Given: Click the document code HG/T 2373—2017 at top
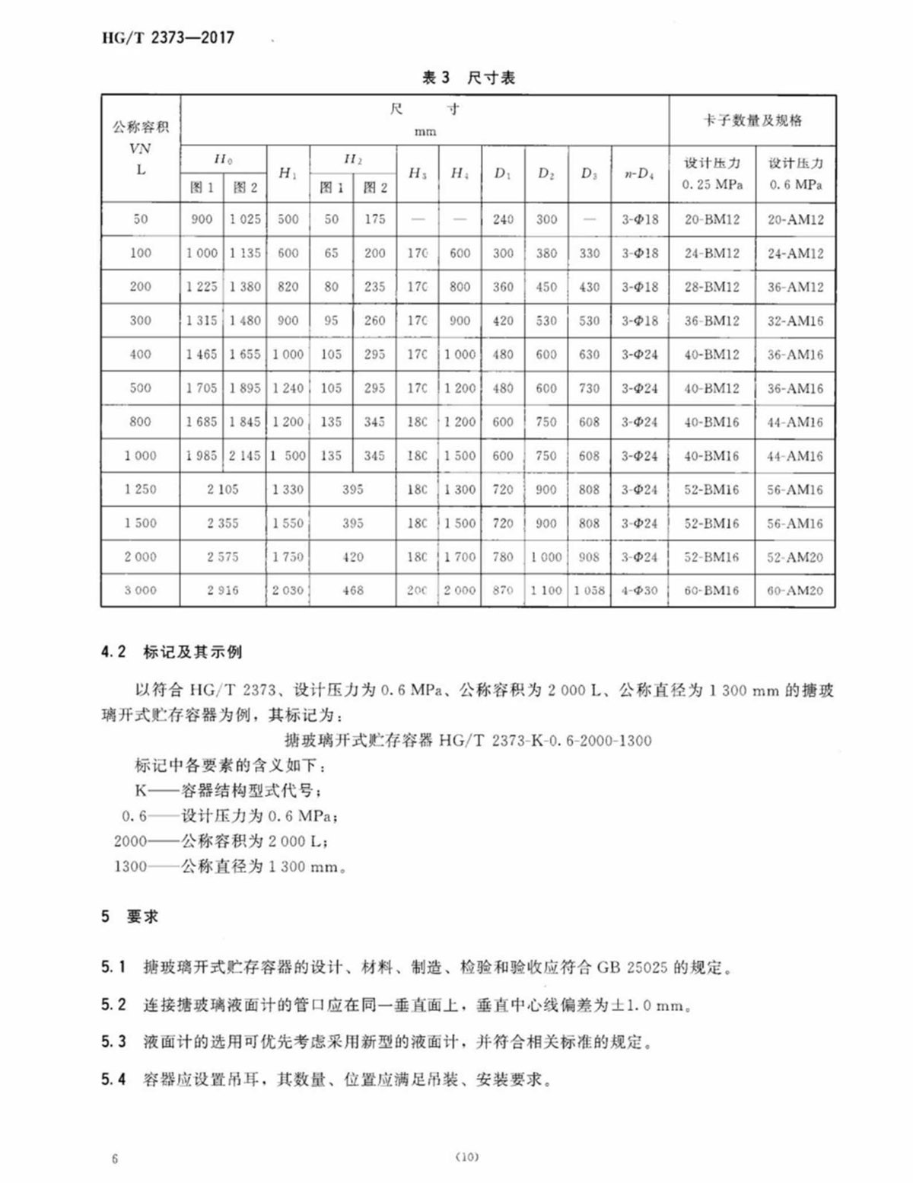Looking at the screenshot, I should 168,37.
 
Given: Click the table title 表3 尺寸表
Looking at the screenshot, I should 468,77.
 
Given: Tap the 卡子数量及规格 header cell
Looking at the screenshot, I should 752,120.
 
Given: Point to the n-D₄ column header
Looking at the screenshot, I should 639,174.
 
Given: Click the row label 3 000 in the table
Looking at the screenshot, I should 141,590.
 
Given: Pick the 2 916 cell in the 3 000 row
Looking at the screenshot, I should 223,590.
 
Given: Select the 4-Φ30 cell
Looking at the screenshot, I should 639,590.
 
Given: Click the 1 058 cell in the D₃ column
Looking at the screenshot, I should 590,590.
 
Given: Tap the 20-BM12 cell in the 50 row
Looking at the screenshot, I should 711,219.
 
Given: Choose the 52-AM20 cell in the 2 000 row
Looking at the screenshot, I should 795,556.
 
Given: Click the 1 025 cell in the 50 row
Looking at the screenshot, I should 245,219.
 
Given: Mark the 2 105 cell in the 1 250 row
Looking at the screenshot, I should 223,489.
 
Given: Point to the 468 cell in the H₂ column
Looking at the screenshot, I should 353,590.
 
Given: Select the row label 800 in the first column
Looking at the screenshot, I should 141,422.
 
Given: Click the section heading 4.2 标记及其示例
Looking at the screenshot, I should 171,652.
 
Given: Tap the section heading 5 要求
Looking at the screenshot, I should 129,917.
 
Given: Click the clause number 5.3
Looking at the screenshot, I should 113,1041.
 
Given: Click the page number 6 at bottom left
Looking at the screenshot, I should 115,1159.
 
